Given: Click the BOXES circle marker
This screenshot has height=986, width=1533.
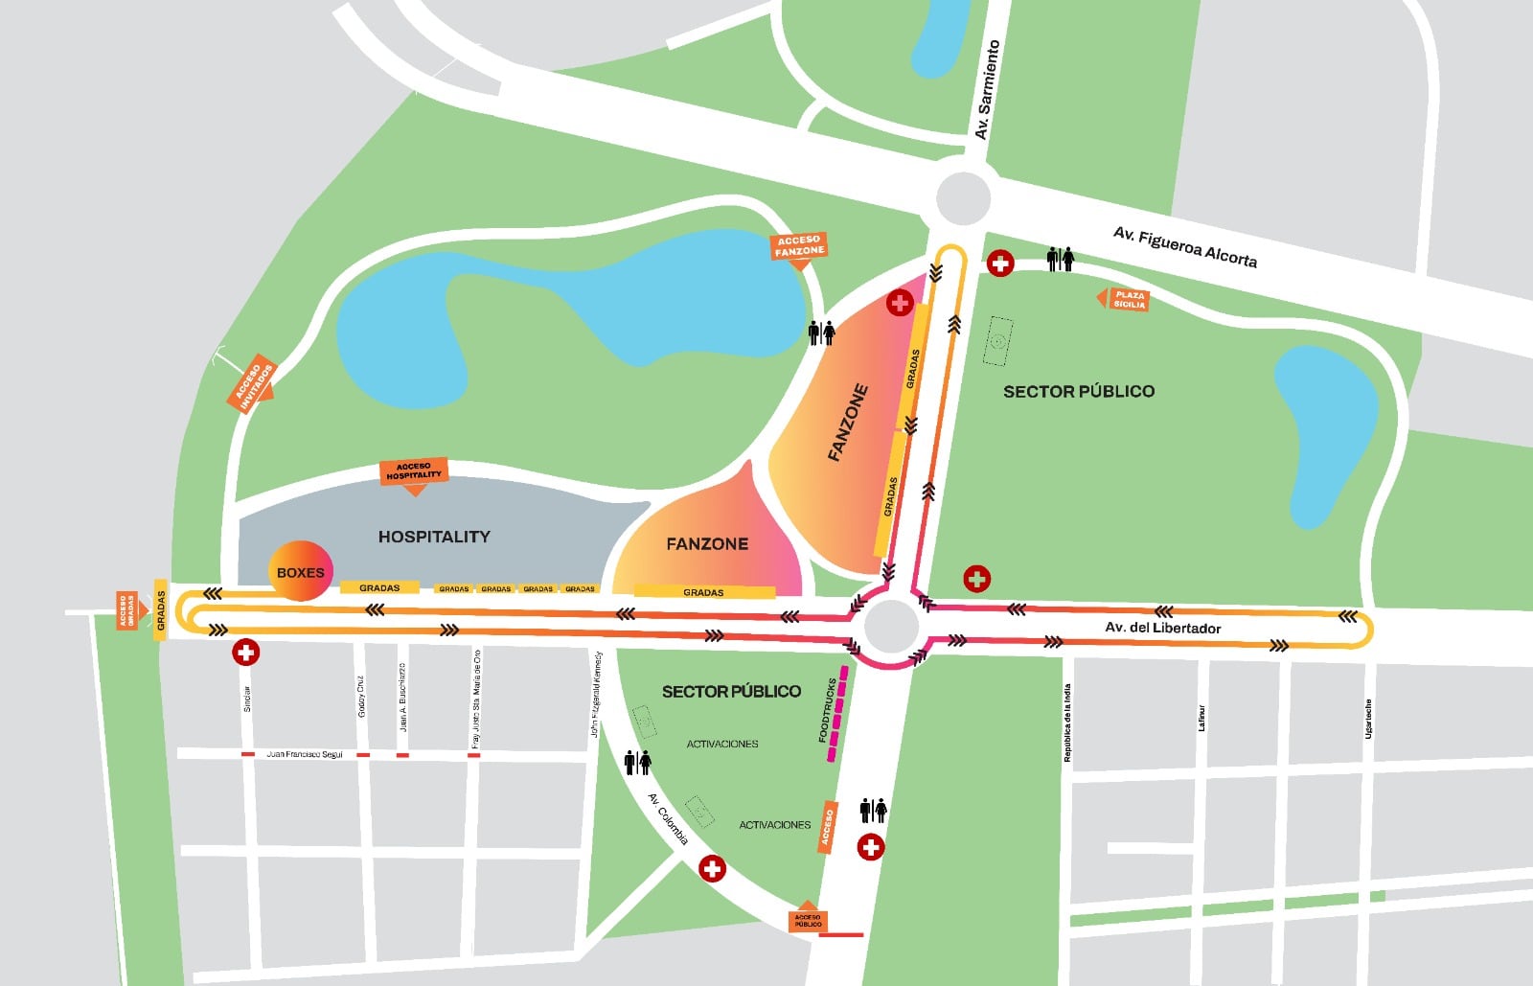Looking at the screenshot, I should click(x=300, y=572).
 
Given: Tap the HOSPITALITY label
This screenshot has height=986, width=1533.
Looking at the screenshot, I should click(x=434, y=537).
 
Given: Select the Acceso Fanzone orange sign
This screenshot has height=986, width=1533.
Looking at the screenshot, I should click(x=799, y=246).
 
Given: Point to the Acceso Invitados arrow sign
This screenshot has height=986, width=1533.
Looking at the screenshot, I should click(x=254, y=386).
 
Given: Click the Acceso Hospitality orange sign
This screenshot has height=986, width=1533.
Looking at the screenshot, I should click(x=414, y=471).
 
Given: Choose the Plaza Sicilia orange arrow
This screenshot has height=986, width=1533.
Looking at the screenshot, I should click(x=1124, y=300).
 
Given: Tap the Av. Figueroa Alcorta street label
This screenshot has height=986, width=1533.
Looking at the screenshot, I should click(x=1184, y=247).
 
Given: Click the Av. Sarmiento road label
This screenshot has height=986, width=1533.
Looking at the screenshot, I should click(x=988, y=90).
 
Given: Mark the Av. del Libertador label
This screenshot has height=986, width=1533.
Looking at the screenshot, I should click(x=1162, y=628).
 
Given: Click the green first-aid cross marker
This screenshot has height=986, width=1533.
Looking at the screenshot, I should click(x=976, y=579).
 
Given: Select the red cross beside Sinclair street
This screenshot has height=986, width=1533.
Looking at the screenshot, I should click(x=246, y=654).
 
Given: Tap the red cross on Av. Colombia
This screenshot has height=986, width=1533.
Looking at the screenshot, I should click(x=711, y=869).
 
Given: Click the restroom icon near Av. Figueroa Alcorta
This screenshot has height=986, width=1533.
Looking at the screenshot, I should click(x=1061, y=259).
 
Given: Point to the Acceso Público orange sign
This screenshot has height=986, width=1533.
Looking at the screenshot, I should click(x=807, y=919).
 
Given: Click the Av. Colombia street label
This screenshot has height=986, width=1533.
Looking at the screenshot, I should click(x=667, y=819).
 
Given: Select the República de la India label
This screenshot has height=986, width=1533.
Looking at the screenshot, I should click(x=1067, y=722).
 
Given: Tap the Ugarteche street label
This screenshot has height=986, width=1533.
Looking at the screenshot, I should click(x=1368, y=718).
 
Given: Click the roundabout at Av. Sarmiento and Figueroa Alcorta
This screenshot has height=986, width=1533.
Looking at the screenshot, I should click(x=963, y=198).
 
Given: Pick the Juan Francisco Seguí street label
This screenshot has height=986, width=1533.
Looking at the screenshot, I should click(x=304, y=755).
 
